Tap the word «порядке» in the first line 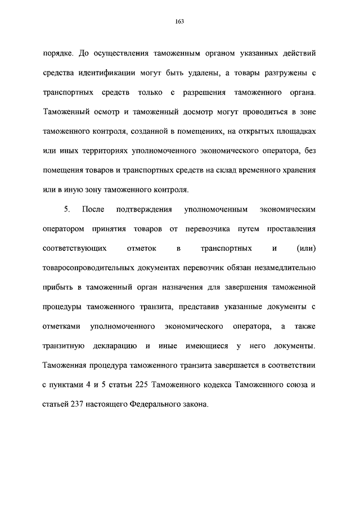pos(57,54)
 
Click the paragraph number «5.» pos(66,209)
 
